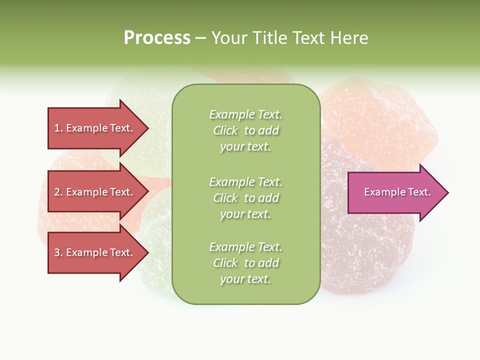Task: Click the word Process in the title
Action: tap(157, 38)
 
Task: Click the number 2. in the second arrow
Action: tap(58, 192)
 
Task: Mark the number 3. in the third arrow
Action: tap(58, 252)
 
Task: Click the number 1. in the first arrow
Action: tap(58, 128)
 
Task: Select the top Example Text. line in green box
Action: tap(245, 114)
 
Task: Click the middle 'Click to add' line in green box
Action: tap(245, 198)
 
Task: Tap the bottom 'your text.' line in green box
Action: tap(245, 279)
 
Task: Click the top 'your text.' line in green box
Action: tap(245, 146)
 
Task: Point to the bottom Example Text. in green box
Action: tap(245, 247)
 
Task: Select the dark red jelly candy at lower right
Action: tap(370, 250)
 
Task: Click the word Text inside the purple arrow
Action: tap(419, 192)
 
